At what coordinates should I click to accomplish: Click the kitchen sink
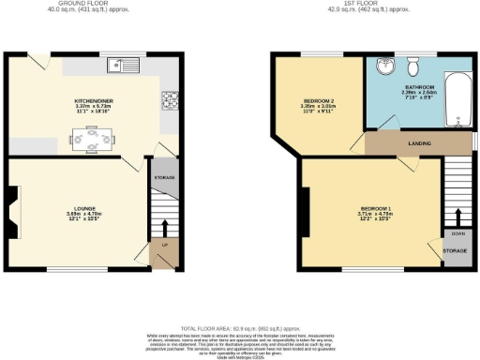(123, 65)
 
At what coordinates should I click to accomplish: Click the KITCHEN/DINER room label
(95, 98)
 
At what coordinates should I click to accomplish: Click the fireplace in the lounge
(11, 214)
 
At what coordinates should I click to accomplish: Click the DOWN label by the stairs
(457, 233)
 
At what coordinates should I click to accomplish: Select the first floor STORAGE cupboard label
(457, 250)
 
